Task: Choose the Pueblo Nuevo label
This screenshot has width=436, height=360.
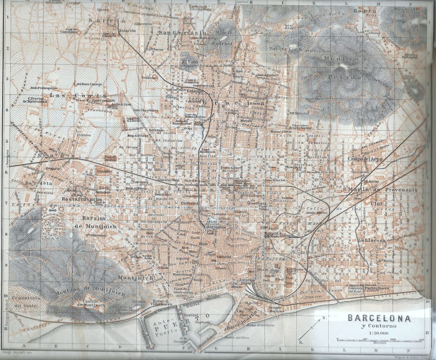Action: [x=375, y=288]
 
